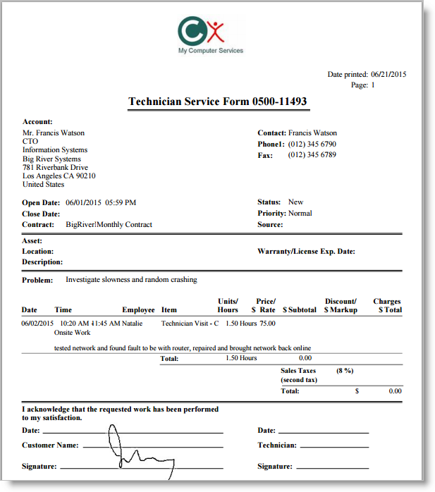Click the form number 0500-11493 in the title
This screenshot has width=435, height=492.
[x=279, y=102]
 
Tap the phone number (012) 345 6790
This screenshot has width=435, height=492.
[x=312, y=144]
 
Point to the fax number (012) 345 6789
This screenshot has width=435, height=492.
[x=312, y=155]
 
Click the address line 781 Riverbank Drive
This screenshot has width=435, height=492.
[x=55, y=168]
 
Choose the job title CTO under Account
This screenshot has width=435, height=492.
[x=30, y=142]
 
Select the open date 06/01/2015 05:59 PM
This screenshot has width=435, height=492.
[x=101, y=203]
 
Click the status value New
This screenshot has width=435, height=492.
[x=295, y=202]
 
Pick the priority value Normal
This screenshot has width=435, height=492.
[x=300, y=214]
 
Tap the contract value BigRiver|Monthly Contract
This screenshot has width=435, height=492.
[x=109, y=225]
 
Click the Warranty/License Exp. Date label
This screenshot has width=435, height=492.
[x=306, y=251]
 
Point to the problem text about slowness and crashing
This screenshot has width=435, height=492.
[x=131, y=280]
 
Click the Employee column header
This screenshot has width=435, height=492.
[x=138, y=310]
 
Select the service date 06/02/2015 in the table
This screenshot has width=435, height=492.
[x=37, y=324]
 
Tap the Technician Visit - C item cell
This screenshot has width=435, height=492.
[x=190, y=324]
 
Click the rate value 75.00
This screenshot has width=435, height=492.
[x=267, y=324]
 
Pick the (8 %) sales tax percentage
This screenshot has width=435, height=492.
[x=344, y=371]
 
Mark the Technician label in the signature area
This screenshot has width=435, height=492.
[x=277, y=445]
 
